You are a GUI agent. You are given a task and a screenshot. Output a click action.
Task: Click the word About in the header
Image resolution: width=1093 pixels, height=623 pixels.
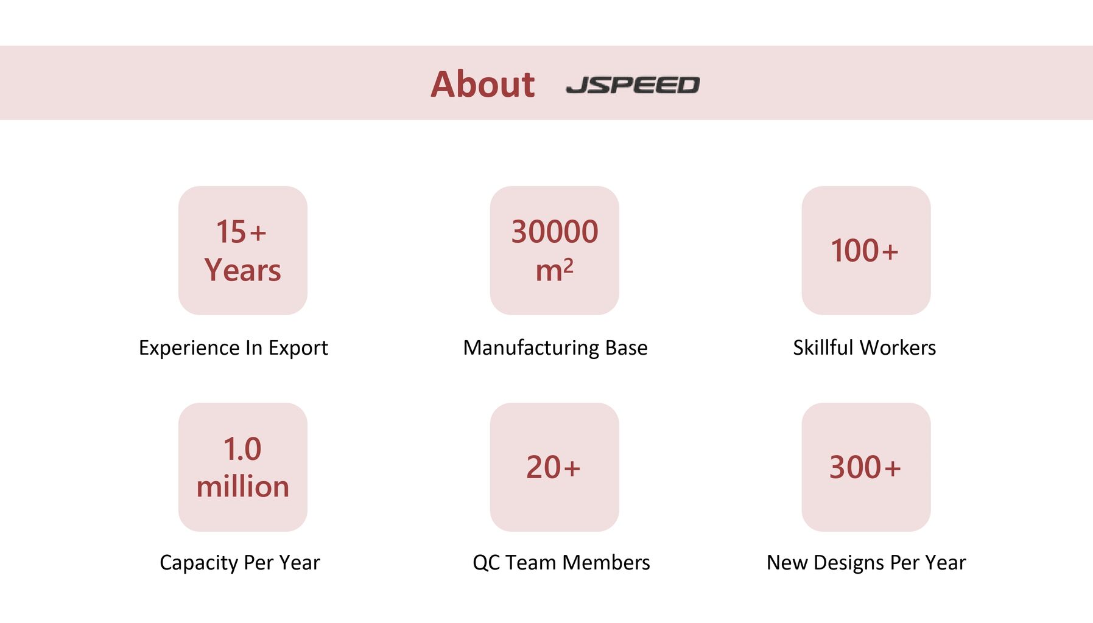click(x=482, y=84)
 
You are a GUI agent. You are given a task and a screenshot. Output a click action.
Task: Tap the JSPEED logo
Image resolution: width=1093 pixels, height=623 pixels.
click(x=633, y=85)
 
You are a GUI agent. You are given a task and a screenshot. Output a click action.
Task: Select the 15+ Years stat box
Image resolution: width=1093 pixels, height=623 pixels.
click(x=243, y=251)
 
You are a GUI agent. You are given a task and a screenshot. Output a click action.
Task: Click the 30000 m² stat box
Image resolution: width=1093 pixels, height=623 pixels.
click(x=555, y=251)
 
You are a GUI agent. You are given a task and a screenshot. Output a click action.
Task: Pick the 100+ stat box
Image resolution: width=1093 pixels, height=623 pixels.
click(x=866, y=251)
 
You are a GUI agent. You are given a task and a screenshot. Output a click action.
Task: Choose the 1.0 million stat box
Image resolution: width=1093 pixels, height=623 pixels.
click(x=243, y=467)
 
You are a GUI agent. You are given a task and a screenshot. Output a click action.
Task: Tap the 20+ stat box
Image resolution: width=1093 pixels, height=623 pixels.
click(x=555, y=467)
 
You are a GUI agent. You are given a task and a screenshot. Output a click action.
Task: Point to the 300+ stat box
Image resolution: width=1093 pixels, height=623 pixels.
click(x=866, y=467)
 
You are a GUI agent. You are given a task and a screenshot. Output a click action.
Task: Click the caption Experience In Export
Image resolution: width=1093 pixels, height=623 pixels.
click(x=233, y=348)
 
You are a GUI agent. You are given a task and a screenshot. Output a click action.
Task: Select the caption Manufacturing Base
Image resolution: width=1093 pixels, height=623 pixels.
click(x=555, y=348)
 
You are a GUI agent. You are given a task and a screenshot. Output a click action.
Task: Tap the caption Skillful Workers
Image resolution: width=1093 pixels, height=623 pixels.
click(x=865, y=347)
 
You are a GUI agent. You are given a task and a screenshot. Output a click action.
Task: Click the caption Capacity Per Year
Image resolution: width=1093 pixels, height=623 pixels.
click(x=240, y=563)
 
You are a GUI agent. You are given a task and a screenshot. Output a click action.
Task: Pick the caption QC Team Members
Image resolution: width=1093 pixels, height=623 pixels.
click(x=561, y=563)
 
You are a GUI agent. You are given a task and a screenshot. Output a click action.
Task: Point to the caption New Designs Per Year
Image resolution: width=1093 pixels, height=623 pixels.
click(x=866, y=563)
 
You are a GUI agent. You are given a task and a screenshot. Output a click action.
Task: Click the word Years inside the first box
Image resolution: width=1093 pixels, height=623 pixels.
click(x=243, y=270)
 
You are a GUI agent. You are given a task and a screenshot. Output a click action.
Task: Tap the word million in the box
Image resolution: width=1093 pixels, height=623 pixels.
click(x=243, y=487)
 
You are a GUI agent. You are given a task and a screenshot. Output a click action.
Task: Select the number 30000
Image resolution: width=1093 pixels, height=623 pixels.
click(x=555, y=232)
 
